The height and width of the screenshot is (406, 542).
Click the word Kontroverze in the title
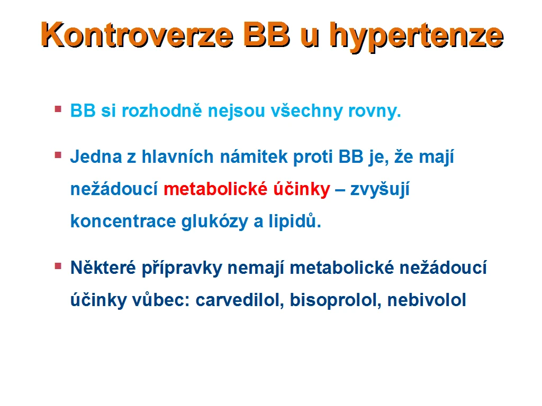pyautogui.click(x=137, y=34)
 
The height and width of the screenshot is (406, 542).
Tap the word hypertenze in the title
pyautogui.click(x=417, y=36)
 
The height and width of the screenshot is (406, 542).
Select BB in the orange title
pyautogui.click(x=267, y=34)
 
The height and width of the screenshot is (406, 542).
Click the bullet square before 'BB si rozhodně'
pyautogui.click(x=58, y=109)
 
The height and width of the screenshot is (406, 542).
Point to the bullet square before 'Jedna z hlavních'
pyautogui.click(x=58, y=155)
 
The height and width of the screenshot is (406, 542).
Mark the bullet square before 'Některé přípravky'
pyautogui.click(x=58, y=266)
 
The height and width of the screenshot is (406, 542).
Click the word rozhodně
pyautogui.click(x=162, y=110)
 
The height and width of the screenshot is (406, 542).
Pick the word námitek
pyautogui.click(x=254, y=156)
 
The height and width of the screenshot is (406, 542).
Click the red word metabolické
pyautogui.click(x=216, y=189)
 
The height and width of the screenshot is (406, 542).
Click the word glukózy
pyautogui.click(x=215, y=222)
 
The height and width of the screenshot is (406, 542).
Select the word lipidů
pyautogui.click(x=295, y=221)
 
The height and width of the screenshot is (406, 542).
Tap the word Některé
pyautogui.click(x=103, y=267)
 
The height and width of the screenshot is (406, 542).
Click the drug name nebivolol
pyautogui.click(x=427, y=300)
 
